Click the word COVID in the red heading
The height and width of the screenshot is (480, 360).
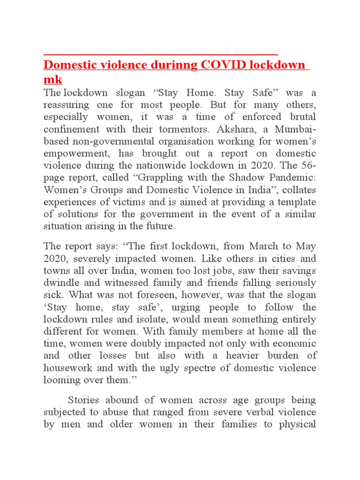click(222, 65)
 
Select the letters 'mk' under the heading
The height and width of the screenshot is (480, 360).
click(52, 79)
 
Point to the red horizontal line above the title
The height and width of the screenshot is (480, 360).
click(161, 54)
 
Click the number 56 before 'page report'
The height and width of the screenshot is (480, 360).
click(307, 165)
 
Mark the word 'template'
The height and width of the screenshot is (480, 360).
click(295, 202)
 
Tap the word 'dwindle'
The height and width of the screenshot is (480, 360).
click(62, 283)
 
